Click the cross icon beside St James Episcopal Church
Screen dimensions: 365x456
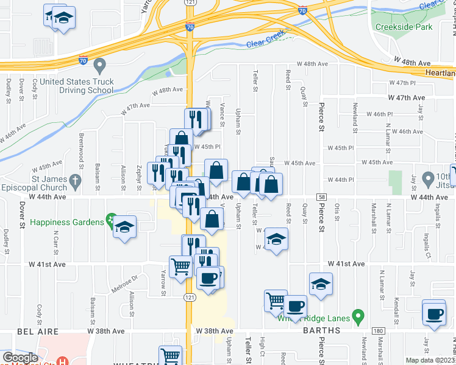pos(75,180)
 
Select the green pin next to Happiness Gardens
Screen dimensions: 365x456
pos(111,218)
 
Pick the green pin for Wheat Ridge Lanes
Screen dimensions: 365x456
pos(358,316)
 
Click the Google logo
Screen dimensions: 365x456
pos(20,358)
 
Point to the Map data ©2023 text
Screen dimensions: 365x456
pos(430,360)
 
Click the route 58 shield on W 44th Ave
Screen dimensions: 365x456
pos(321,197)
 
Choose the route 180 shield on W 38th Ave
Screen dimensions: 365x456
pos(379,331)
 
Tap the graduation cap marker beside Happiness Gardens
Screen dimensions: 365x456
pos(124,228)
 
